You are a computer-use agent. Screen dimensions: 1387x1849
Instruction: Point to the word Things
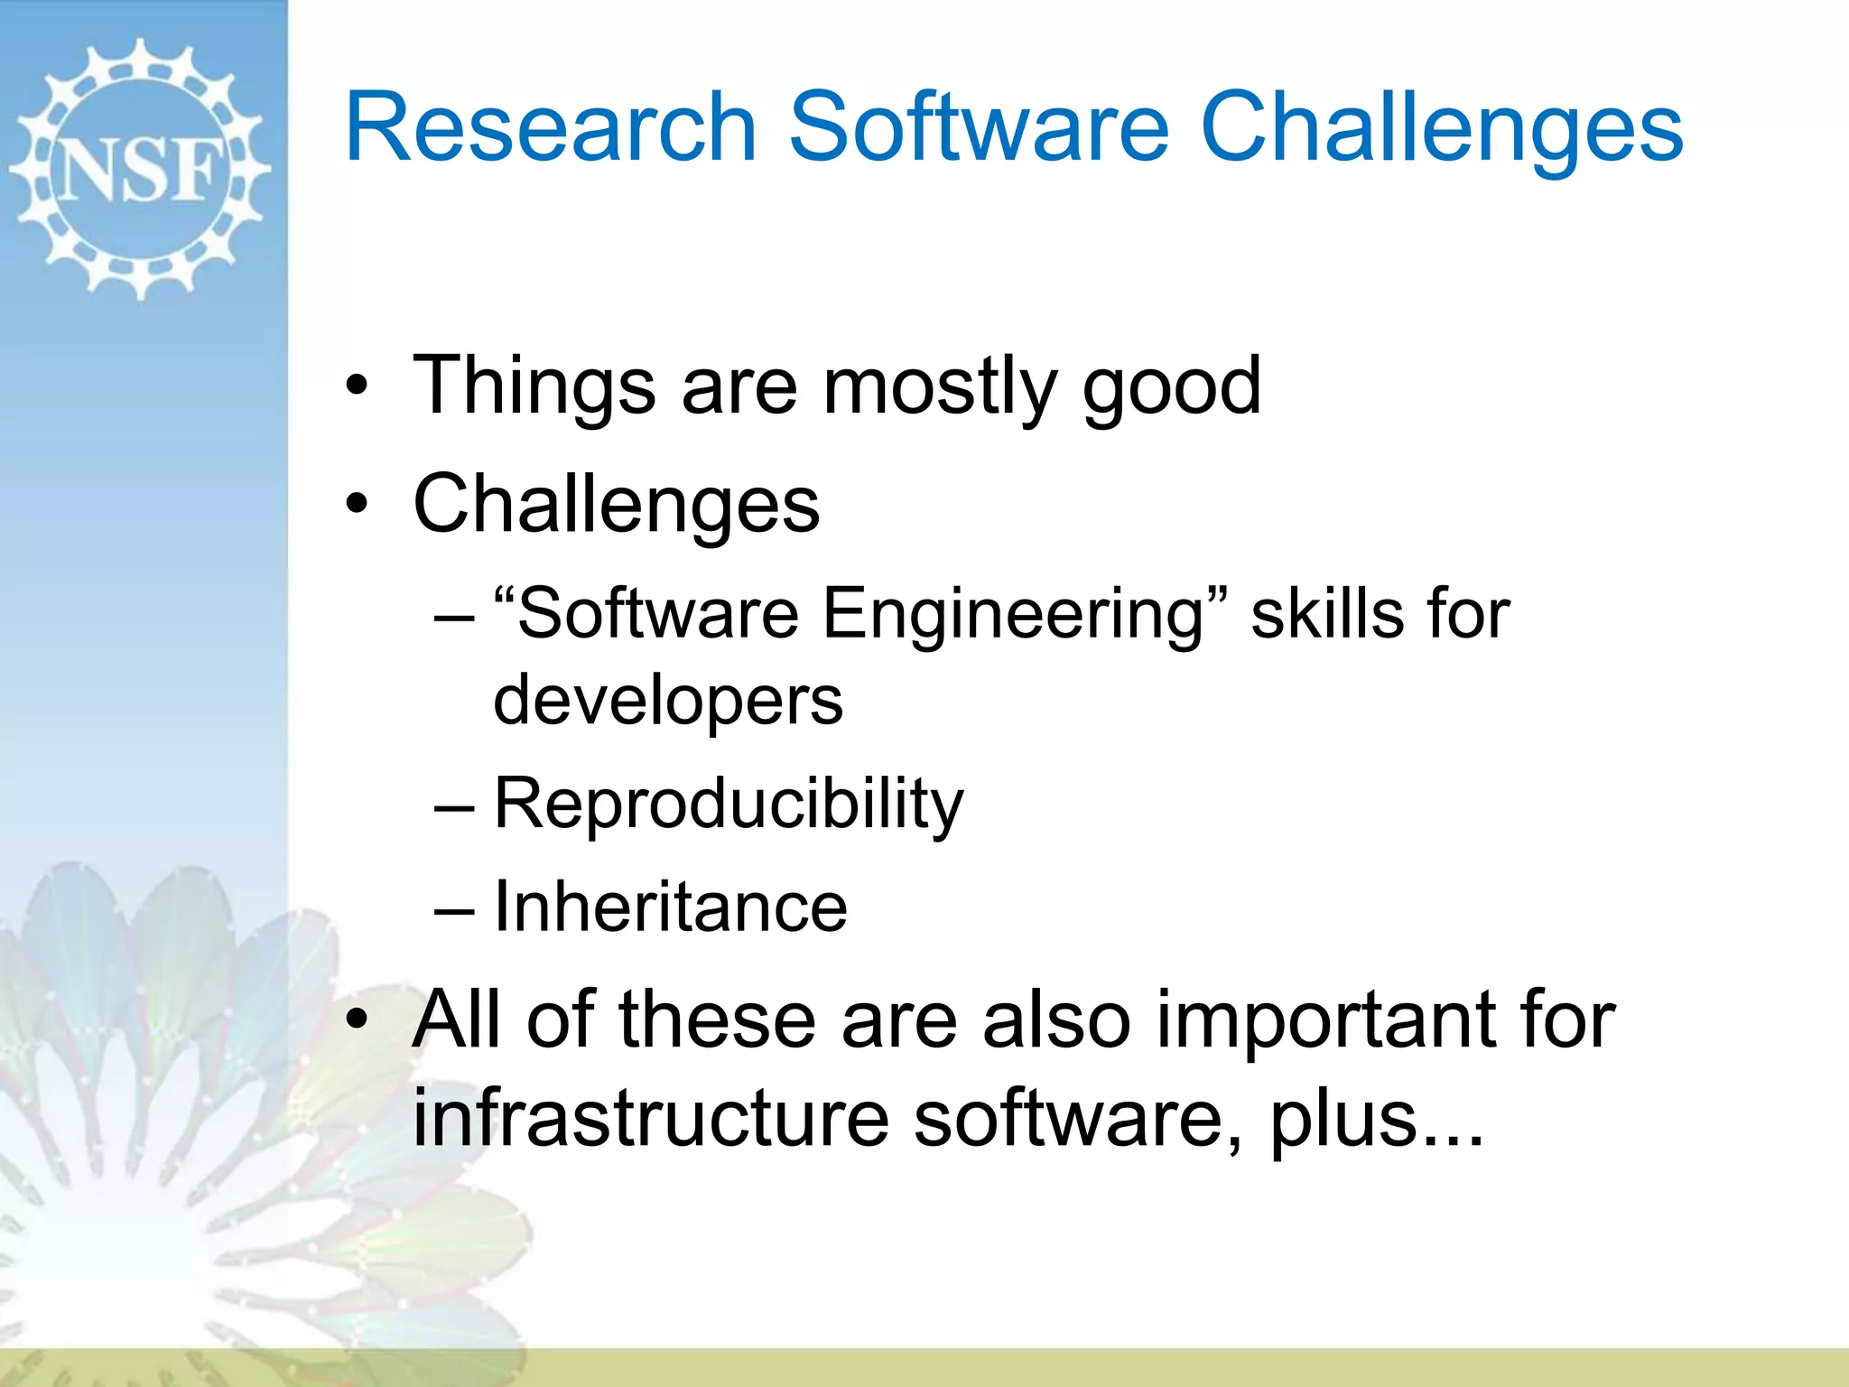tap(534, 386)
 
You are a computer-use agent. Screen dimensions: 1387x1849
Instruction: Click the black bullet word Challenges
tap(616, 504)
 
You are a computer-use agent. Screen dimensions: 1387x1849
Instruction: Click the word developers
tap(667, 703)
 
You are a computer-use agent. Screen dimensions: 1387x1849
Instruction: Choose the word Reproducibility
tap(728, 804)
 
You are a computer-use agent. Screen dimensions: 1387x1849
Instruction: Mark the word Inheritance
tap(670, 907)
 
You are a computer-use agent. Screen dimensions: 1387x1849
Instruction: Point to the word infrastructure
tap(650, 1119)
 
